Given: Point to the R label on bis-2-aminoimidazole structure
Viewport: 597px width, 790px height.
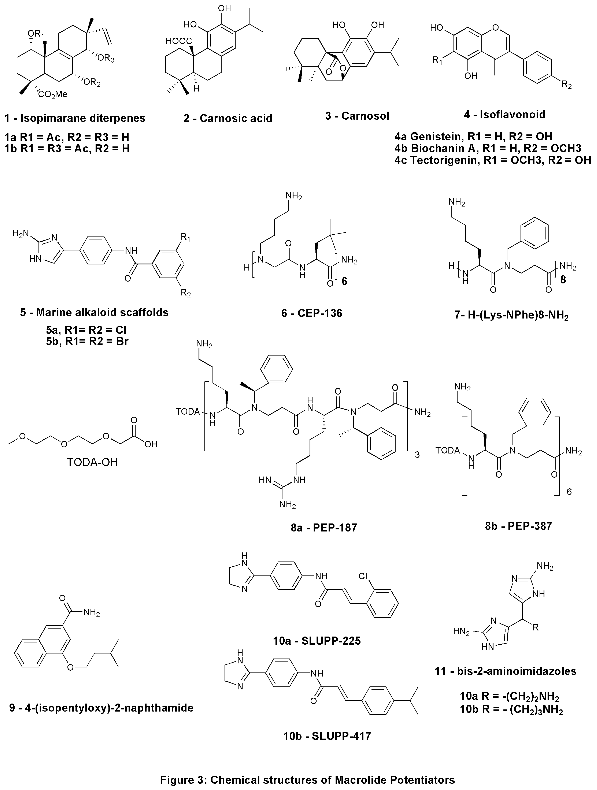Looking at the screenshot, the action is (536, 627).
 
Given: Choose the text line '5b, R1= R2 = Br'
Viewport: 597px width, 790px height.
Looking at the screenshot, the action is (87, 342).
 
